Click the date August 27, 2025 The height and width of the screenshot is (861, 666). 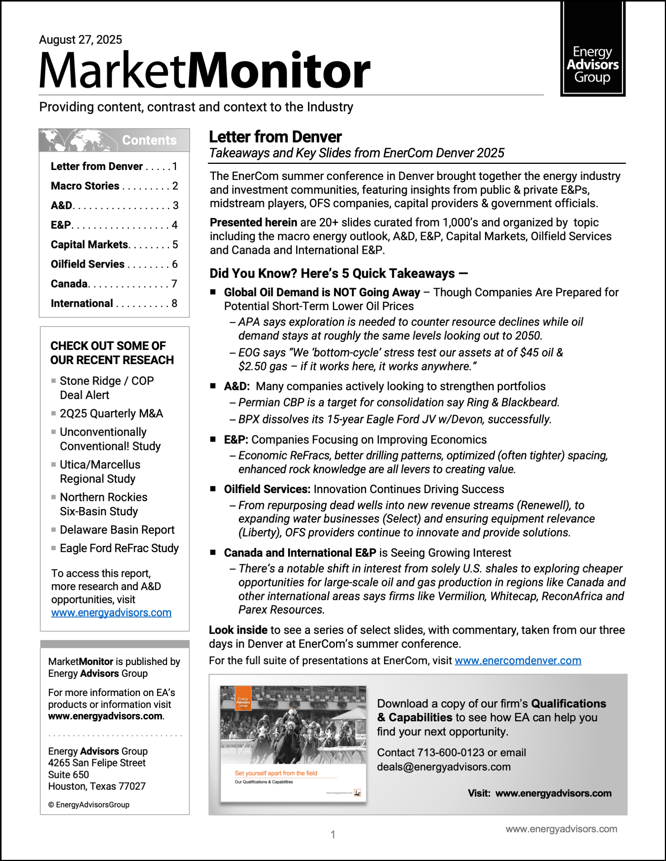[x=80, y=39]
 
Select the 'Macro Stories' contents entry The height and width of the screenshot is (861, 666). [x=85, y=186]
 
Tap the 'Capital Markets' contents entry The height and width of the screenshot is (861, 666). [x=90, y=244]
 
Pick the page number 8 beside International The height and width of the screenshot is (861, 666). [x=174, y=303]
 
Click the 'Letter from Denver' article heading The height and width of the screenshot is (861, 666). [x=275, y=137]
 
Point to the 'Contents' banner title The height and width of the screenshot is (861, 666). [x=149, y=140]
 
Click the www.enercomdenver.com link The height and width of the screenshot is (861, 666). [x=518, y=660]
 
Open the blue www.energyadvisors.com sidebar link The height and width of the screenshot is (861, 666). [x=111, y=613]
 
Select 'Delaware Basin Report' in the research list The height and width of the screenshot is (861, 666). [x=117, y=529]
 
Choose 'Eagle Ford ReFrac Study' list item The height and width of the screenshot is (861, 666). [x=119, y=548]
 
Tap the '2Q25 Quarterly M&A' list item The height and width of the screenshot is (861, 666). [x=111, y=413]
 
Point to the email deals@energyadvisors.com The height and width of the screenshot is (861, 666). [x=443, y=767]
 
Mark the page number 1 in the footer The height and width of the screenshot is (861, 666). [x=333, y=834]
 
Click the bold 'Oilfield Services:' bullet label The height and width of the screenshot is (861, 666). [x=267, y=489]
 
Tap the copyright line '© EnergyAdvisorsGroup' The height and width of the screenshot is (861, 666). [x=89, y=805]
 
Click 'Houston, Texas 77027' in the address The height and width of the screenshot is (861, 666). [x=97, y=786]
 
